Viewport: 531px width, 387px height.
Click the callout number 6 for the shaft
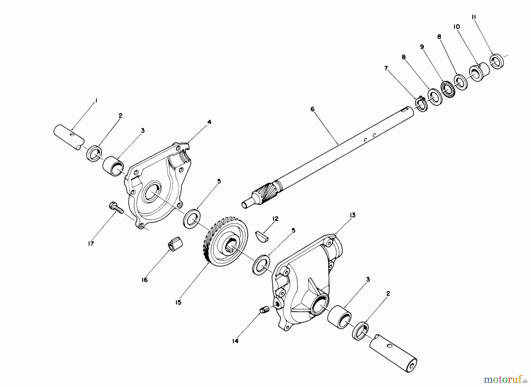tap(313, 109)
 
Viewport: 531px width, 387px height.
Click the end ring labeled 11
tap(497, 62)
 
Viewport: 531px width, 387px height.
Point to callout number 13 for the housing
tap(353, 215)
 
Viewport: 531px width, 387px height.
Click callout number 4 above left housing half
tap(209, 122)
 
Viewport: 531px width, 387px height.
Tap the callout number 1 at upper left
tap(96, 101)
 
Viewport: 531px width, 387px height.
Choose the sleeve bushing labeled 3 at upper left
tap(113, 165)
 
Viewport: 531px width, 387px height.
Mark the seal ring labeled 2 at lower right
tap(361, 332)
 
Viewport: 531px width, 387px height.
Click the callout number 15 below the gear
tap(178, 302)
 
